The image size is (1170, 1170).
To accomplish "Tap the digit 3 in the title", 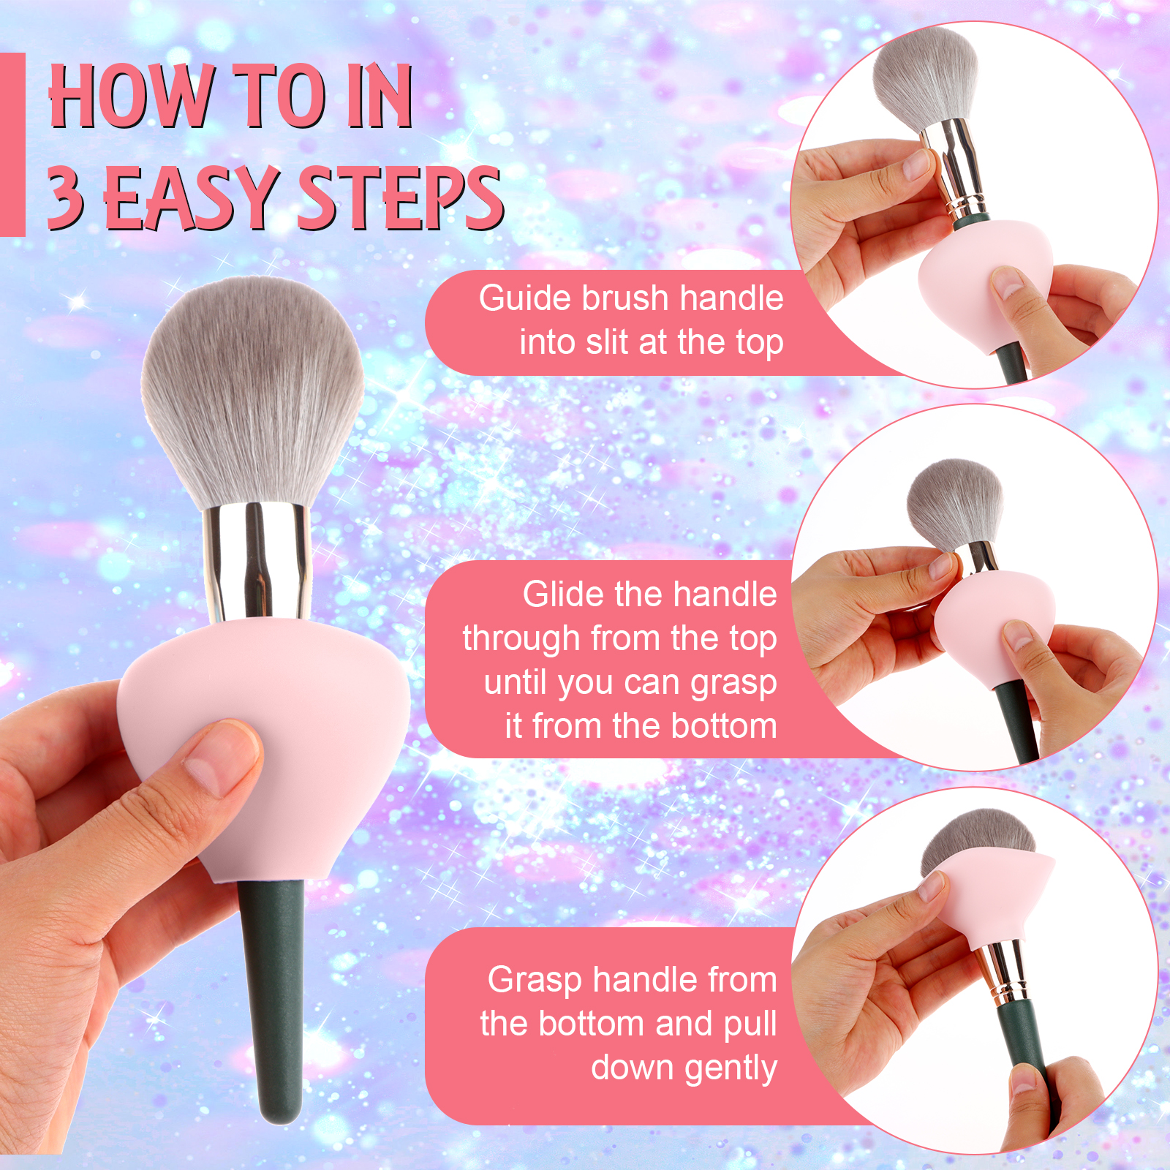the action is (x=66, y=195).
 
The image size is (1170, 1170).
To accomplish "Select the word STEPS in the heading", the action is (x=400, y=197).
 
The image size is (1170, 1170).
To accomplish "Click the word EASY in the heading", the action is (x=192, y=197).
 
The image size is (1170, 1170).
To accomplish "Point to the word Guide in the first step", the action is (x=524, y=298).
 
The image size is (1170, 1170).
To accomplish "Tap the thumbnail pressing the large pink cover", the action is (x=216, y=757).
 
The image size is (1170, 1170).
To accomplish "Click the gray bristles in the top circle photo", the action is (x=926, y=76).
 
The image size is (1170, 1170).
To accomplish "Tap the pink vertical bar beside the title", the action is (x=12, y=144).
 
